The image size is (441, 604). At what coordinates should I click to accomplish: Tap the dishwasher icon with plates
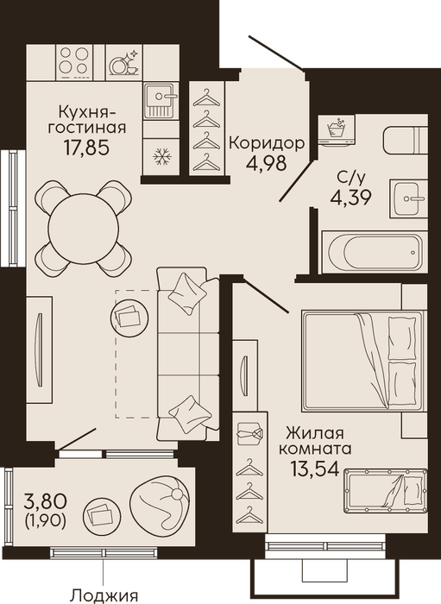pyautogui.click(x=124, y=62)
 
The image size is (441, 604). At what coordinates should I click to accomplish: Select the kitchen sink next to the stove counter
pyautogui.click(x=161, y=101)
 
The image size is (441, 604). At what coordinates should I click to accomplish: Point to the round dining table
pyautogui.click(x=83, y=228)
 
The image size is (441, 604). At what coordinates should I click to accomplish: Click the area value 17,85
pyautogui.click(x=86, y=148)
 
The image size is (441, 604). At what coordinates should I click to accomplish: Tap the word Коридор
pyautogui.click(x=267, y=143)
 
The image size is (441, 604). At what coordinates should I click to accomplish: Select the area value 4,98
pyautogui.click(x=266, y=163)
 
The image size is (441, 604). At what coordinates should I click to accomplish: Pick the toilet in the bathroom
pyautogui.click(x=405, y=139)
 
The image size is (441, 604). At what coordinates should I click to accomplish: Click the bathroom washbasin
pyautogui.click(x=408, y=198)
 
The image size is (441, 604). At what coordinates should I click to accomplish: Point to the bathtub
pyautogui.click(x=375, y=252)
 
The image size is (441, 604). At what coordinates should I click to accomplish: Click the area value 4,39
pyautogui.click(x=350, y=198)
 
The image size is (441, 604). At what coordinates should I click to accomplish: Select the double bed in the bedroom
pyautogui.click(x=362, y=361)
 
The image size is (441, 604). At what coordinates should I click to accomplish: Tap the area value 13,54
pyautogui.click(x=315, y=469)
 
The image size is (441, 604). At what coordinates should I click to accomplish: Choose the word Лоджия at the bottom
pyautogui.click(x=105, y=595)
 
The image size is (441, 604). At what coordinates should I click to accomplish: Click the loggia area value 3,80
pyautogui.click(x=46, y=501)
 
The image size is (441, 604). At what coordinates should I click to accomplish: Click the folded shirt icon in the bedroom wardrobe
pyautogui.click(x=250, y=431)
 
